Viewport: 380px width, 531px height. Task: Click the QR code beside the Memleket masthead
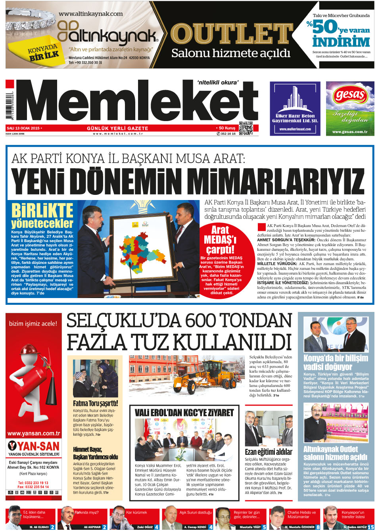click(x=246, y=128)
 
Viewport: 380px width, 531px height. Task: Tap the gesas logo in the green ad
click(x=350, y=95)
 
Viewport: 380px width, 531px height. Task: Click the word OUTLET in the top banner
click(x=231, y=34)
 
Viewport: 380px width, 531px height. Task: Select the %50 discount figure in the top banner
click(x=324, y=28)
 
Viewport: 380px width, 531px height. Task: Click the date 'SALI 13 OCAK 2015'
click(x=23, y=128)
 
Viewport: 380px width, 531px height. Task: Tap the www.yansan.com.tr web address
click(x=34, y=433)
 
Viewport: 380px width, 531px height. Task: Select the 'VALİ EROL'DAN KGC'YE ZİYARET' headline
click(x=184, y=413)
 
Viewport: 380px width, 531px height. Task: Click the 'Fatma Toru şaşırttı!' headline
click(x=95, y=403)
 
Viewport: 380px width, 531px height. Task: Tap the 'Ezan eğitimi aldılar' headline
click(x=268, y=452)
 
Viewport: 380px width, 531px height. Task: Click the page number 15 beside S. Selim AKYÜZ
click(x=370, y=527)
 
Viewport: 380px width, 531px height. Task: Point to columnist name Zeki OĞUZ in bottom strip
click(x=145, y=527)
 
